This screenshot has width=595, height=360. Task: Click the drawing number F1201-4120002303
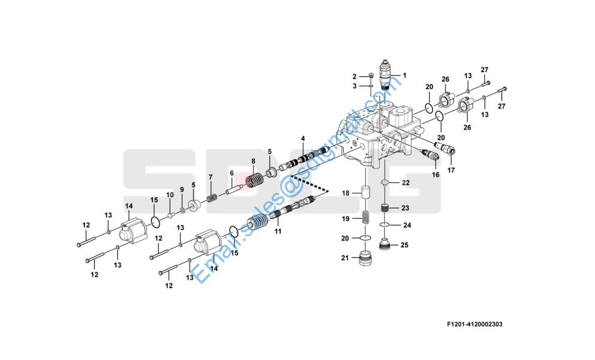[474, 325]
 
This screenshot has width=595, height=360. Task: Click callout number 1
[404, 76]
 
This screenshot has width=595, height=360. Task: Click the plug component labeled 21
[364, 260]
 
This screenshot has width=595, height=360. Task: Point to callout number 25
[404, 245]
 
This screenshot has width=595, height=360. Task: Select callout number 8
[253, 161]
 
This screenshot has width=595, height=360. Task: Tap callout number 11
[278, 230]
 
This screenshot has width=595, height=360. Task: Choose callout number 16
[435, 175]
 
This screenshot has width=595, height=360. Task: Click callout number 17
[450, 170]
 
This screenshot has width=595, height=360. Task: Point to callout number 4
[303, 139]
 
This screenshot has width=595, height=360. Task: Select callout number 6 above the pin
[232, 173]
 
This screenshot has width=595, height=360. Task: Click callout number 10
[170, 195]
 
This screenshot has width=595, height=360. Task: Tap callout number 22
[405, 182]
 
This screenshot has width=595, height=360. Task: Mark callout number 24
[407, 226]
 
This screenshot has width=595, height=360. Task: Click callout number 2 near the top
[354, 77]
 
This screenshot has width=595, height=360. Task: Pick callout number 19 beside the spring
[345, 218]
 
